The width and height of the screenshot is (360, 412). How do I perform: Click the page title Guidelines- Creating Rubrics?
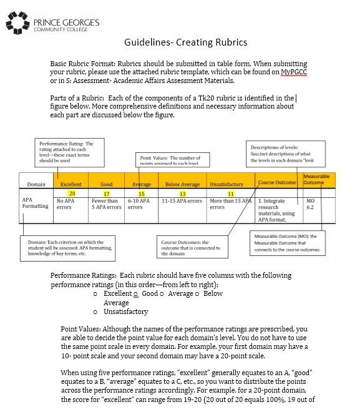[x=186, y=42]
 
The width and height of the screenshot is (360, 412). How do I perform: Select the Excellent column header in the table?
[x=71, y=184]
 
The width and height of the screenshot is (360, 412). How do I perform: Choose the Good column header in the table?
[x=107, y=184]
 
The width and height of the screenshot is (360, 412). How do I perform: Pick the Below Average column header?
[x=182, y=184]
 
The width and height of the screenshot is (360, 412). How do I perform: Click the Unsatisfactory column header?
[x=226, y=184]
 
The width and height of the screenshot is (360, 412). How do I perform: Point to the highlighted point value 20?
[x=72, y=194]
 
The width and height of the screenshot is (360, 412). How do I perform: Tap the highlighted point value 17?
[x=107, y=194]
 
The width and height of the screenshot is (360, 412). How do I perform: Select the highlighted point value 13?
[x=182, y=194]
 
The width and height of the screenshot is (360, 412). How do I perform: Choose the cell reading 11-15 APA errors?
[x=182, y=201]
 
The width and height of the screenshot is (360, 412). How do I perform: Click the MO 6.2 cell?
[x=311, y=204]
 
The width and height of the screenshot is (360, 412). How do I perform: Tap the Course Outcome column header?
[x=277, y=182]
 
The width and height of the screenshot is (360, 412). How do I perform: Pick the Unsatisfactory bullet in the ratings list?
[x=125, y=311]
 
